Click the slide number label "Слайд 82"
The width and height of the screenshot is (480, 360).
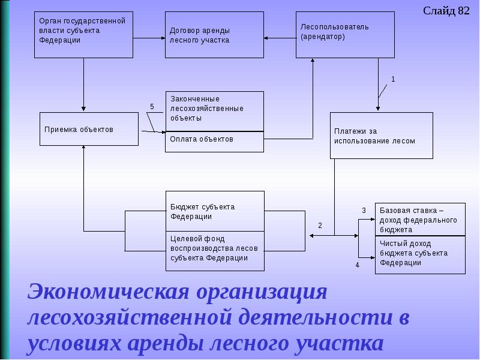click(446, 11)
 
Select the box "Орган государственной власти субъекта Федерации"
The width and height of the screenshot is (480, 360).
click(83, 35)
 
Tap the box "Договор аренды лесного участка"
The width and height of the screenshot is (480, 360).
click(214, 35)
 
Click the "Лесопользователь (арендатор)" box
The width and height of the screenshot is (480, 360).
click(345, 35)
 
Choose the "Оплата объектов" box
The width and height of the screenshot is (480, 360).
click(214, 141)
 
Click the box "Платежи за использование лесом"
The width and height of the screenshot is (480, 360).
click(381, 135)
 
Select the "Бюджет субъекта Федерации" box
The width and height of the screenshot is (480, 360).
click(214, 211)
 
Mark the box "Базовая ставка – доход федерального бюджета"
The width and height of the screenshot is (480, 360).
click(420, 220)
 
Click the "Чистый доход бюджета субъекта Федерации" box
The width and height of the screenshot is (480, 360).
click(420, 255)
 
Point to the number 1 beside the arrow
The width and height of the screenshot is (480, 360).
click(393, 79)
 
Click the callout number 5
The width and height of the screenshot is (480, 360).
click(152, 107)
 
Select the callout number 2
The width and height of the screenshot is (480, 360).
click(320, 226)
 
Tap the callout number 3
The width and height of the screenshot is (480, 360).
click(363, 211)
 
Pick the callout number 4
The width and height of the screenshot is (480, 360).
click(357, 265)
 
